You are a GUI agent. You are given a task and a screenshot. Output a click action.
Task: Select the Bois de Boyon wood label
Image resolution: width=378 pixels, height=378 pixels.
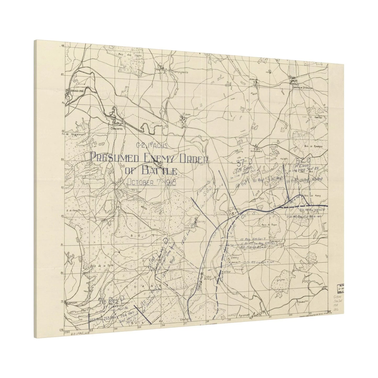267,224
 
